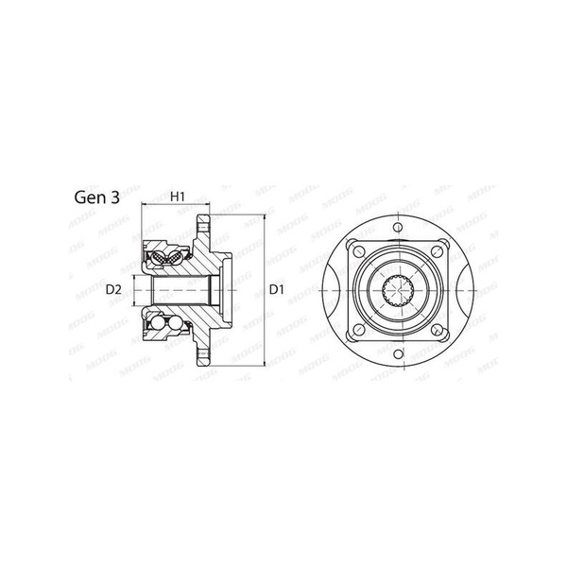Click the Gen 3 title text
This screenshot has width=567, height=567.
(x=97, y=198)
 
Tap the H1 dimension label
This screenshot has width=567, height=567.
(x=178, y=197)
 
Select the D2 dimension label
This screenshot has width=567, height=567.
(x=113, y=290)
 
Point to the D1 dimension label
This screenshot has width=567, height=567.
(x=277, y=290)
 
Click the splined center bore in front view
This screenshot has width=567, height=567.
(x=398, y=290)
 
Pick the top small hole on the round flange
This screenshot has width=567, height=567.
(x=398, y=228)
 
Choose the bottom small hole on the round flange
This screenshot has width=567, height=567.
(x=398, y=353)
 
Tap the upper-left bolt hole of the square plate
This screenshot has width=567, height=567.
(x=359, y=251)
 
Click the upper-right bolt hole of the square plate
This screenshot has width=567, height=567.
(x=438, y=251)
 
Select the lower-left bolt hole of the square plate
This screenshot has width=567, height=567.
(x=359, y=330)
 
